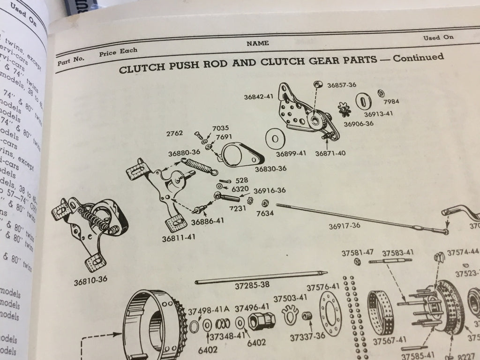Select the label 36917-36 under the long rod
tap(344, 226)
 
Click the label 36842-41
tap(259, 97)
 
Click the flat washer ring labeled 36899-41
tap(275, 139)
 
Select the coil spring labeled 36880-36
tap(198, 166)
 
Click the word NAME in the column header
tap(258, 43)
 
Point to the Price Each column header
tap(118, 51)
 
